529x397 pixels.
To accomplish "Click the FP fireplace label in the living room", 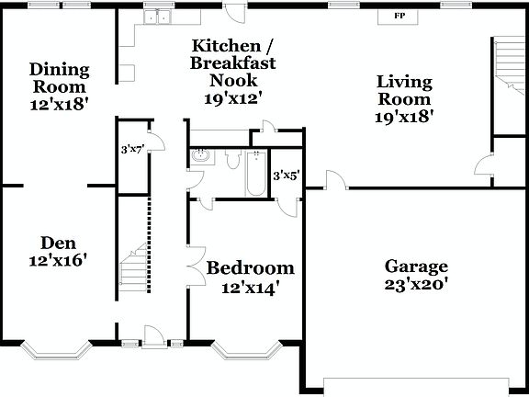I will click(400, 17).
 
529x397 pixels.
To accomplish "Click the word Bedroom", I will click(250, 268).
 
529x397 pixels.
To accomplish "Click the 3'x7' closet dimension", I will click(133, 148).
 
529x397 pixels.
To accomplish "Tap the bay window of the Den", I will click(56, 348).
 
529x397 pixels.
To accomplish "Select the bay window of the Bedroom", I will click(246, 348).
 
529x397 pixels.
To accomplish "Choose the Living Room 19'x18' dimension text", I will click(404, 116).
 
